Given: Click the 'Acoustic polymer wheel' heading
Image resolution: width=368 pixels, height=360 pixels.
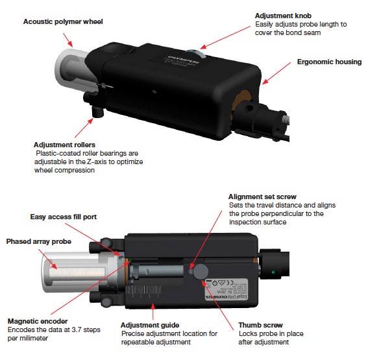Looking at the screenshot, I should pyautogui.click(x=63, y=21).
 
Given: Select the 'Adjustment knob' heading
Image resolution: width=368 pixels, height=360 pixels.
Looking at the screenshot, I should pyautogui.click(x=283, y=14).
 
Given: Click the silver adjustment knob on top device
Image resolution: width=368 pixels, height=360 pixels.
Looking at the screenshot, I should pyautogui.click(x=195, y=53).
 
